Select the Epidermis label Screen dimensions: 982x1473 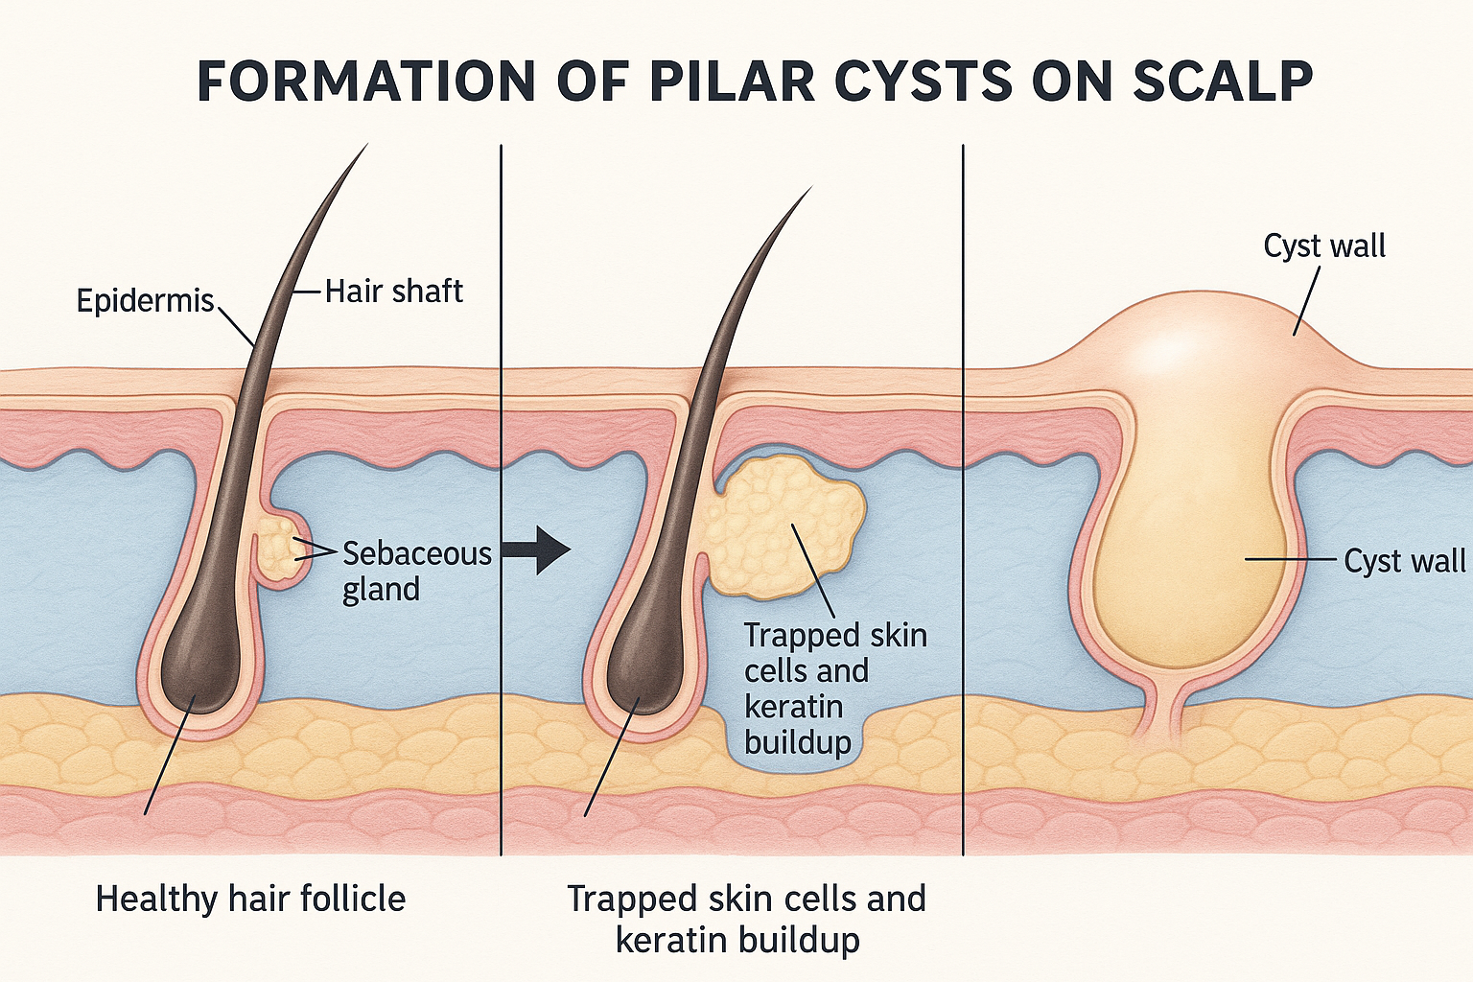(145, 301)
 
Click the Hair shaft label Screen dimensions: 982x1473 (393, 291)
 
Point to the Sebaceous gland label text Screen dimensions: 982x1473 (416, 571)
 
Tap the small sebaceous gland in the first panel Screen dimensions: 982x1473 (283, 547)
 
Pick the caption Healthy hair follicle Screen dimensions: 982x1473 (250, 900)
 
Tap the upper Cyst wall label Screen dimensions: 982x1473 (1324, 246)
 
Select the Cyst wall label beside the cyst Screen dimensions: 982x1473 (1404, 561)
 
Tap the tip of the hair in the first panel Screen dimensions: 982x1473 (365, 147)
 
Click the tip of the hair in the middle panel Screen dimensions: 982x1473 (809, 190)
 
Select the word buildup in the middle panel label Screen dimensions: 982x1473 (797, 742)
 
